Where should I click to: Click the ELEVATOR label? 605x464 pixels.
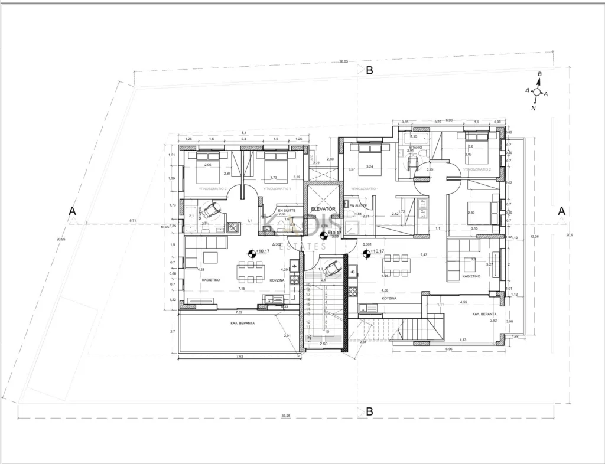point(323,209)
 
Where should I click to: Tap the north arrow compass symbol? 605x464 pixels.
point(536,92)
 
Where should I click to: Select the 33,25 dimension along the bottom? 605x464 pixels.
point(286,416)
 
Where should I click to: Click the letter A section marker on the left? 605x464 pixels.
point(71,211)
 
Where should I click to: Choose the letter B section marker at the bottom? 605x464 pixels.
point(369,411)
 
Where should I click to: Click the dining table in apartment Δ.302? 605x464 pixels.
point(250,272)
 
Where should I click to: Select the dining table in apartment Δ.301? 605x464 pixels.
point(395,265)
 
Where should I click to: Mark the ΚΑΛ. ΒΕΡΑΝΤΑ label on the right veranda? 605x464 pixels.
point(484,314)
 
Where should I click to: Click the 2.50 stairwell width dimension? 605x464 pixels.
point(323,343)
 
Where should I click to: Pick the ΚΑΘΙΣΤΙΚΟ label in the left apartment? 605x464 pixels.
point(210,280)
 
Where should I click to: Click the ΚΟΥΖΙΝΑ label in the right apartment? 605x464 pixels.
point(388,299)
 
